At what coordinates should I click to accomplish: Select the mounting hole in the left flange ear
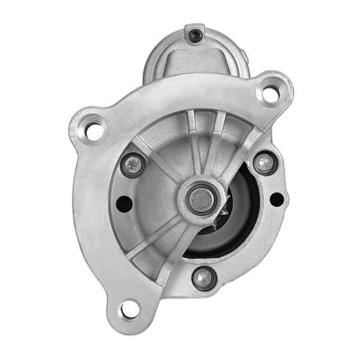(93, 128)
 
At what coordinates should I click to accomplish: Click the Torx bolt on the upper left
(133, 164)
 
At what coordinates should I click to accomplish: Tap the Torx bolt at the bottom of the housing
(203, 277)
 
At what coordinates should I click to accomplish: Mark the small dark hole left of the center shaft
(124, 204)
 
